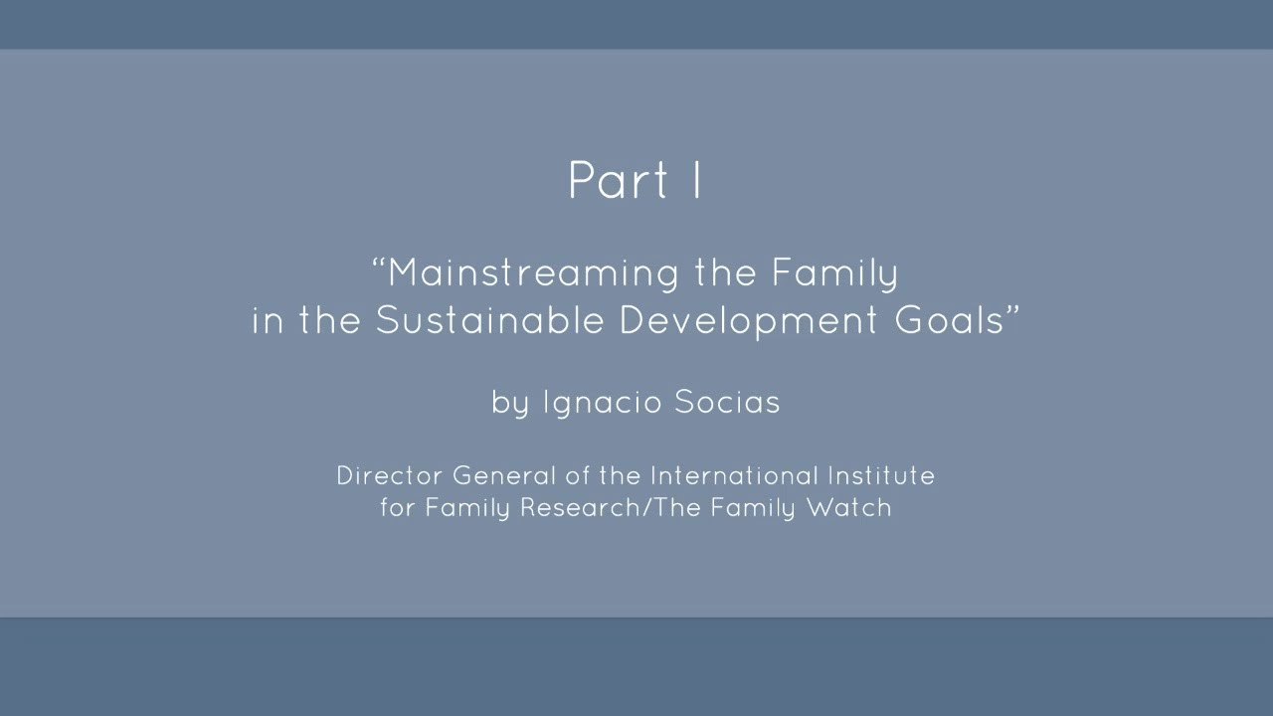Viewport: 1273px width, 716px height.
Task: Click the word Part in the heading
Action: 618,180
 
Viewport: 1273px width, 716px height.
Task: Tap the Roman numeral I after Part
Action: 697,180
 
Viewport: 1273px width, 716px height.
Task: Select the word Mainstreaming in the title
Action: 533,273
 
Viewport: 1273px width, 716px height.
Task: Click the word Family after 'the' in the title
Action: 834,273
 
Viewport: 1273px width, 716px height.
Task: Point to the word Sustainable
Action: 489,320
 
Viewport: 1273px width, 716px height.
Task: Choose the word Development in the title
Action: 748,321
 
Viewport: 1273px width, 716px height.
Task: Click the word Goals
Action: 949,320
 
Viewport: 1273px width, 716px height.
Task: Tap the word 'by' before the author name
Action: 510,403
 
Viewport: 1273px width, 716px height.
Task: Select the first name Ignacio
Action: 603,403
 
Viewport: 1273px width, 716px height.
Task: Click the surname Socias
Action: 727,402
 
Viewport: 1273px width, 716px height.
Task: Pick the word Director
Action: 389,475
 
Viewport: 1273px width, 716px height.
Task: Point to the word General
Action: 503,475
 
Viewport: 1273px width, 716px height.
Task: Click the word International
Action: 735,475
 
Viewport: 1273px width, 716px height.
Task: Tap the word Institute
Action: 881,475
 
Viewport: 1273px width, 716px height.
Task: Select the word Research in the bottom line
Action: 580,507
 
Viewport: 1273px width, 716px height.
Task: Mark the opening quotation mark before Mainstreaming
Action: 379,264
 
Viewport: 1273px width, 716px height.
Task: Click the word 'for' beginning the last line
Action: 397,507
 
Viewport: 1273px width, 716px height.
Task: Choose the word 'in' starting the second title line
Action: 268,321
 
